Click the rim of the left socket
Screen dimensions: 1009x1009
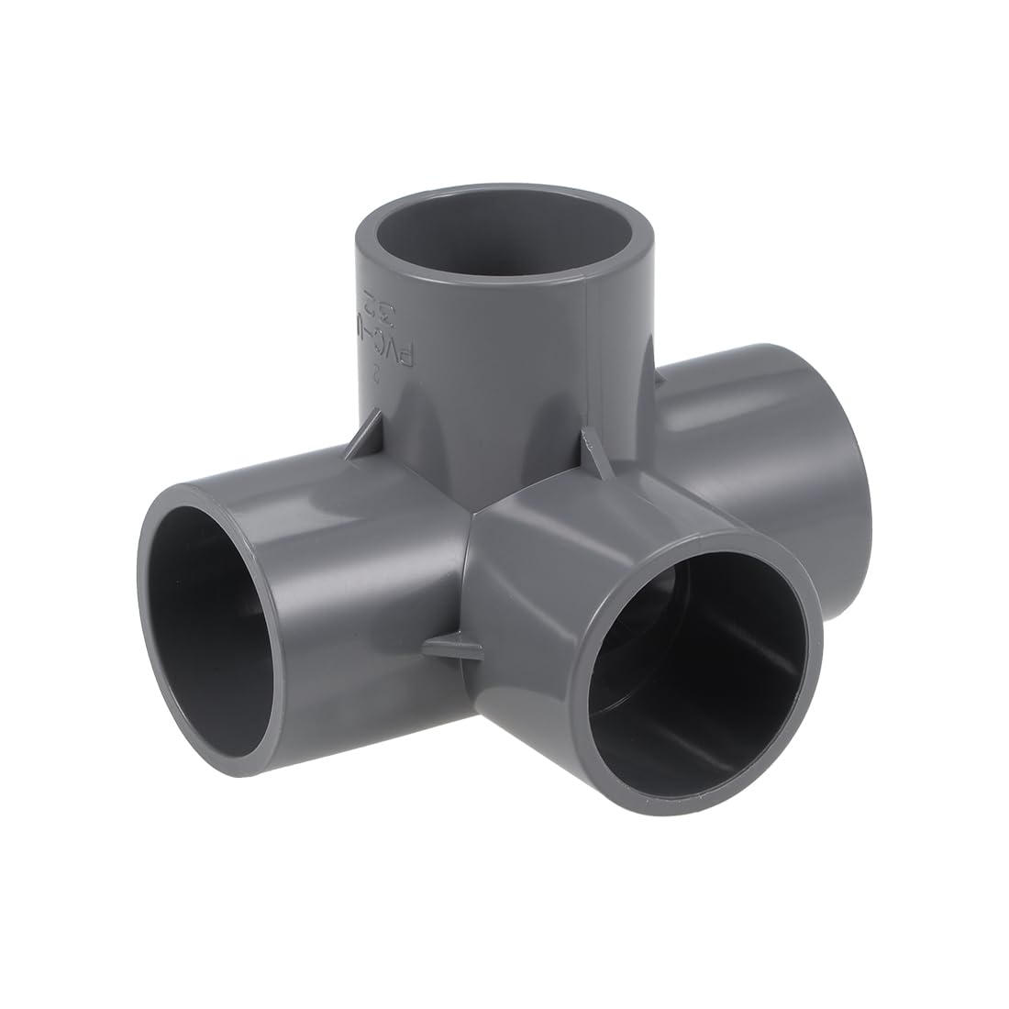point(145,587)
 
